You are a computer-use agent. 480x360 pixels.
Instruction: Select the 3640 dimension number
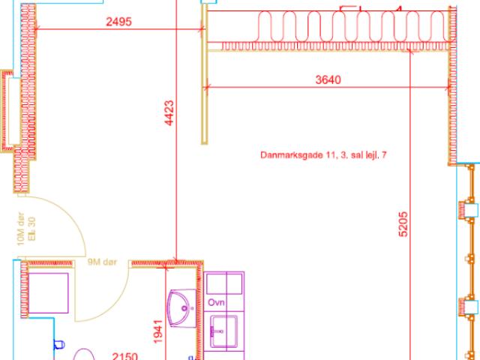(x=328, y=79)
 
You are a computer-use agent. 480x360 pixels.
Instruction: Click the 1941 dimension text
(x=157, y=330)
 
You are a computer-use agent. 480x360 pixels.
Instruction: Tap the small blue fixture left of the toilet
(x=58, y=345)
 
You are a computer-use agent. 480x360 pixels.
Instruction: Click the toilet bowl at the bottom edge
(x=85, y=355)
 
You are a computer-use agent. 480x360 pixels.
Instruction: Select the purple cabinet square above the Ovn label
(x=225, y=283)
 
